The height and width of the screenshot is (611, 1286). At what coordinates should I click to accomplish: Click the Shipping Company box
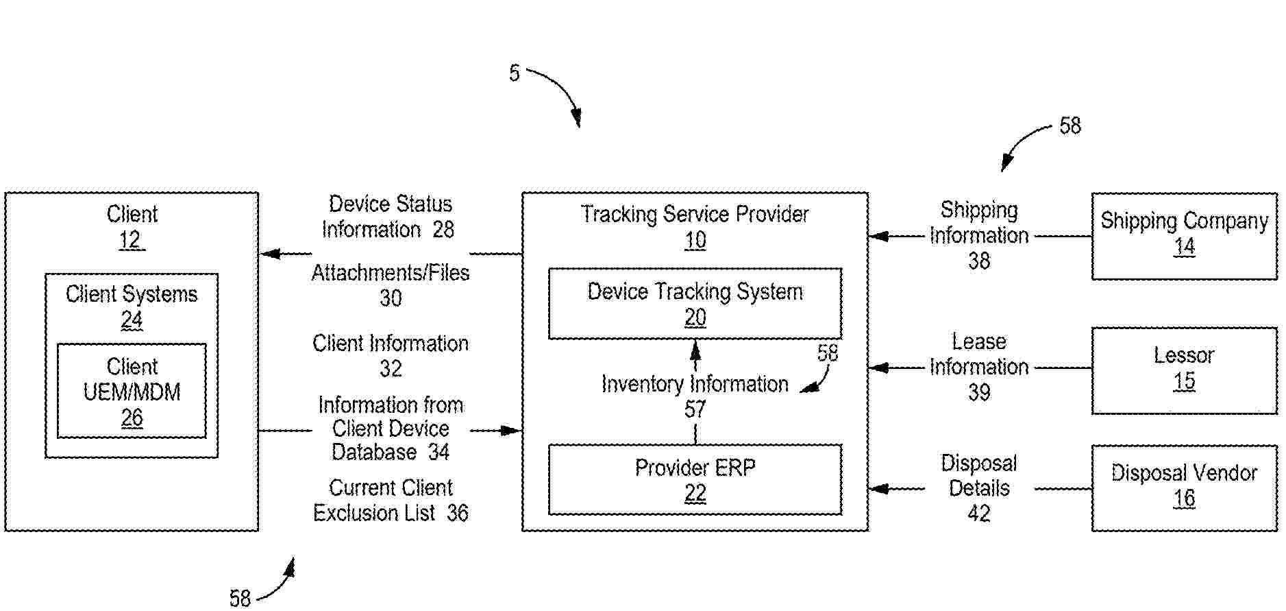[1183, 236]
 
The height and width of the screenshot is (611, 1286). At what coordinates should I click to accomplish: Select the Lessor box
[1183, 370]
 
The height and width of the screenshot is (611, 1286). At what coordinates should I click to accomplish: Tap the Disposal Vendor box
[1183, 488]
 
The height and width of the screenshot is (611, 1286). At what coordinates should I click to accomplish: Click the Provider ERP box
[695, 479]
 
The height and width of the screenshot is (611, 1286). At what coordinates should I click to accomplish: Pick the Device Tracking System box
[695, 303]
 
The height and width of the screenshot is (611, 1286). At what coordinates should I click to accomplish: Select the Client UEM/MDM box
[132, 390]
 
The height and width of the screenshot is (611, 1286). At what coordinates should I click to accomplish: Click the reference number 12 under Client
[131, 240]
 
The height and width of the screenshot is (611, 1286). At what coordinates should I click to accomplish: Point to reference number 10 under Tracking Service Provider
[695, 240]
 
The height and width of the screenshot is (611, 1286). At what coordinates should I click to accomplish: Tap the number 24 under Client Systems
[132, 320]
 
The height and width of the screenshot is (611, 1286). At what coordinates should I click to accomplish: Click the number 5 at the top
[515, 73]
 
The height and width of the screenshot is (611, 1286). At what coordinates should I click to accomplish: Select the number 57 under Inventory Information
[695, 409]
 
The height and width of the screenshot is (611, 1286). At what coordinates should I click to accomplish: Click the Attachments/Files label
[391, 273]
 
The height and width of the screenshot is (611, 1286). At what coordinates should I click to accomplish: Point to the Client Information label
[391, 343]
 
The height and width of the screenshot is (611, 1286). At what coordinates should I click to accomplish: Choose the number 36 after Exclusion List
[458, 513]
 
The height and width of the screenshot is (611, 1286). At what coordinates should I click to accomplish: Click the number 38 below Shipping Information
[979, 261]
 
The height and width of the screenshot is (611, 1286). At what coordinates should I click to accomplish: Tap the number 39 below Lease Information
[979, 392]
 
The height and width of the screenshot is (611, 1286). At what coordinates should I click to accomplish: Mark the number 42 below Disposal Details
[979, 513]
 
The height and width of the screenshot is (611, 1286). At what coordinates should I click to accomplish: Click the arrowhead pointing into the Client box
[269, 254]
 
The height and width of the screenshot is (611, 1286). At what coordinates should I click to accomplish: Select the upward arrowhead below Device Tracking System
[695, 350]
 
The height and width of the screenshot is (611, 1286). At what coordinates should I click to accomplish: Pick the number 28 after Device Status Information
[443, 229]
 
